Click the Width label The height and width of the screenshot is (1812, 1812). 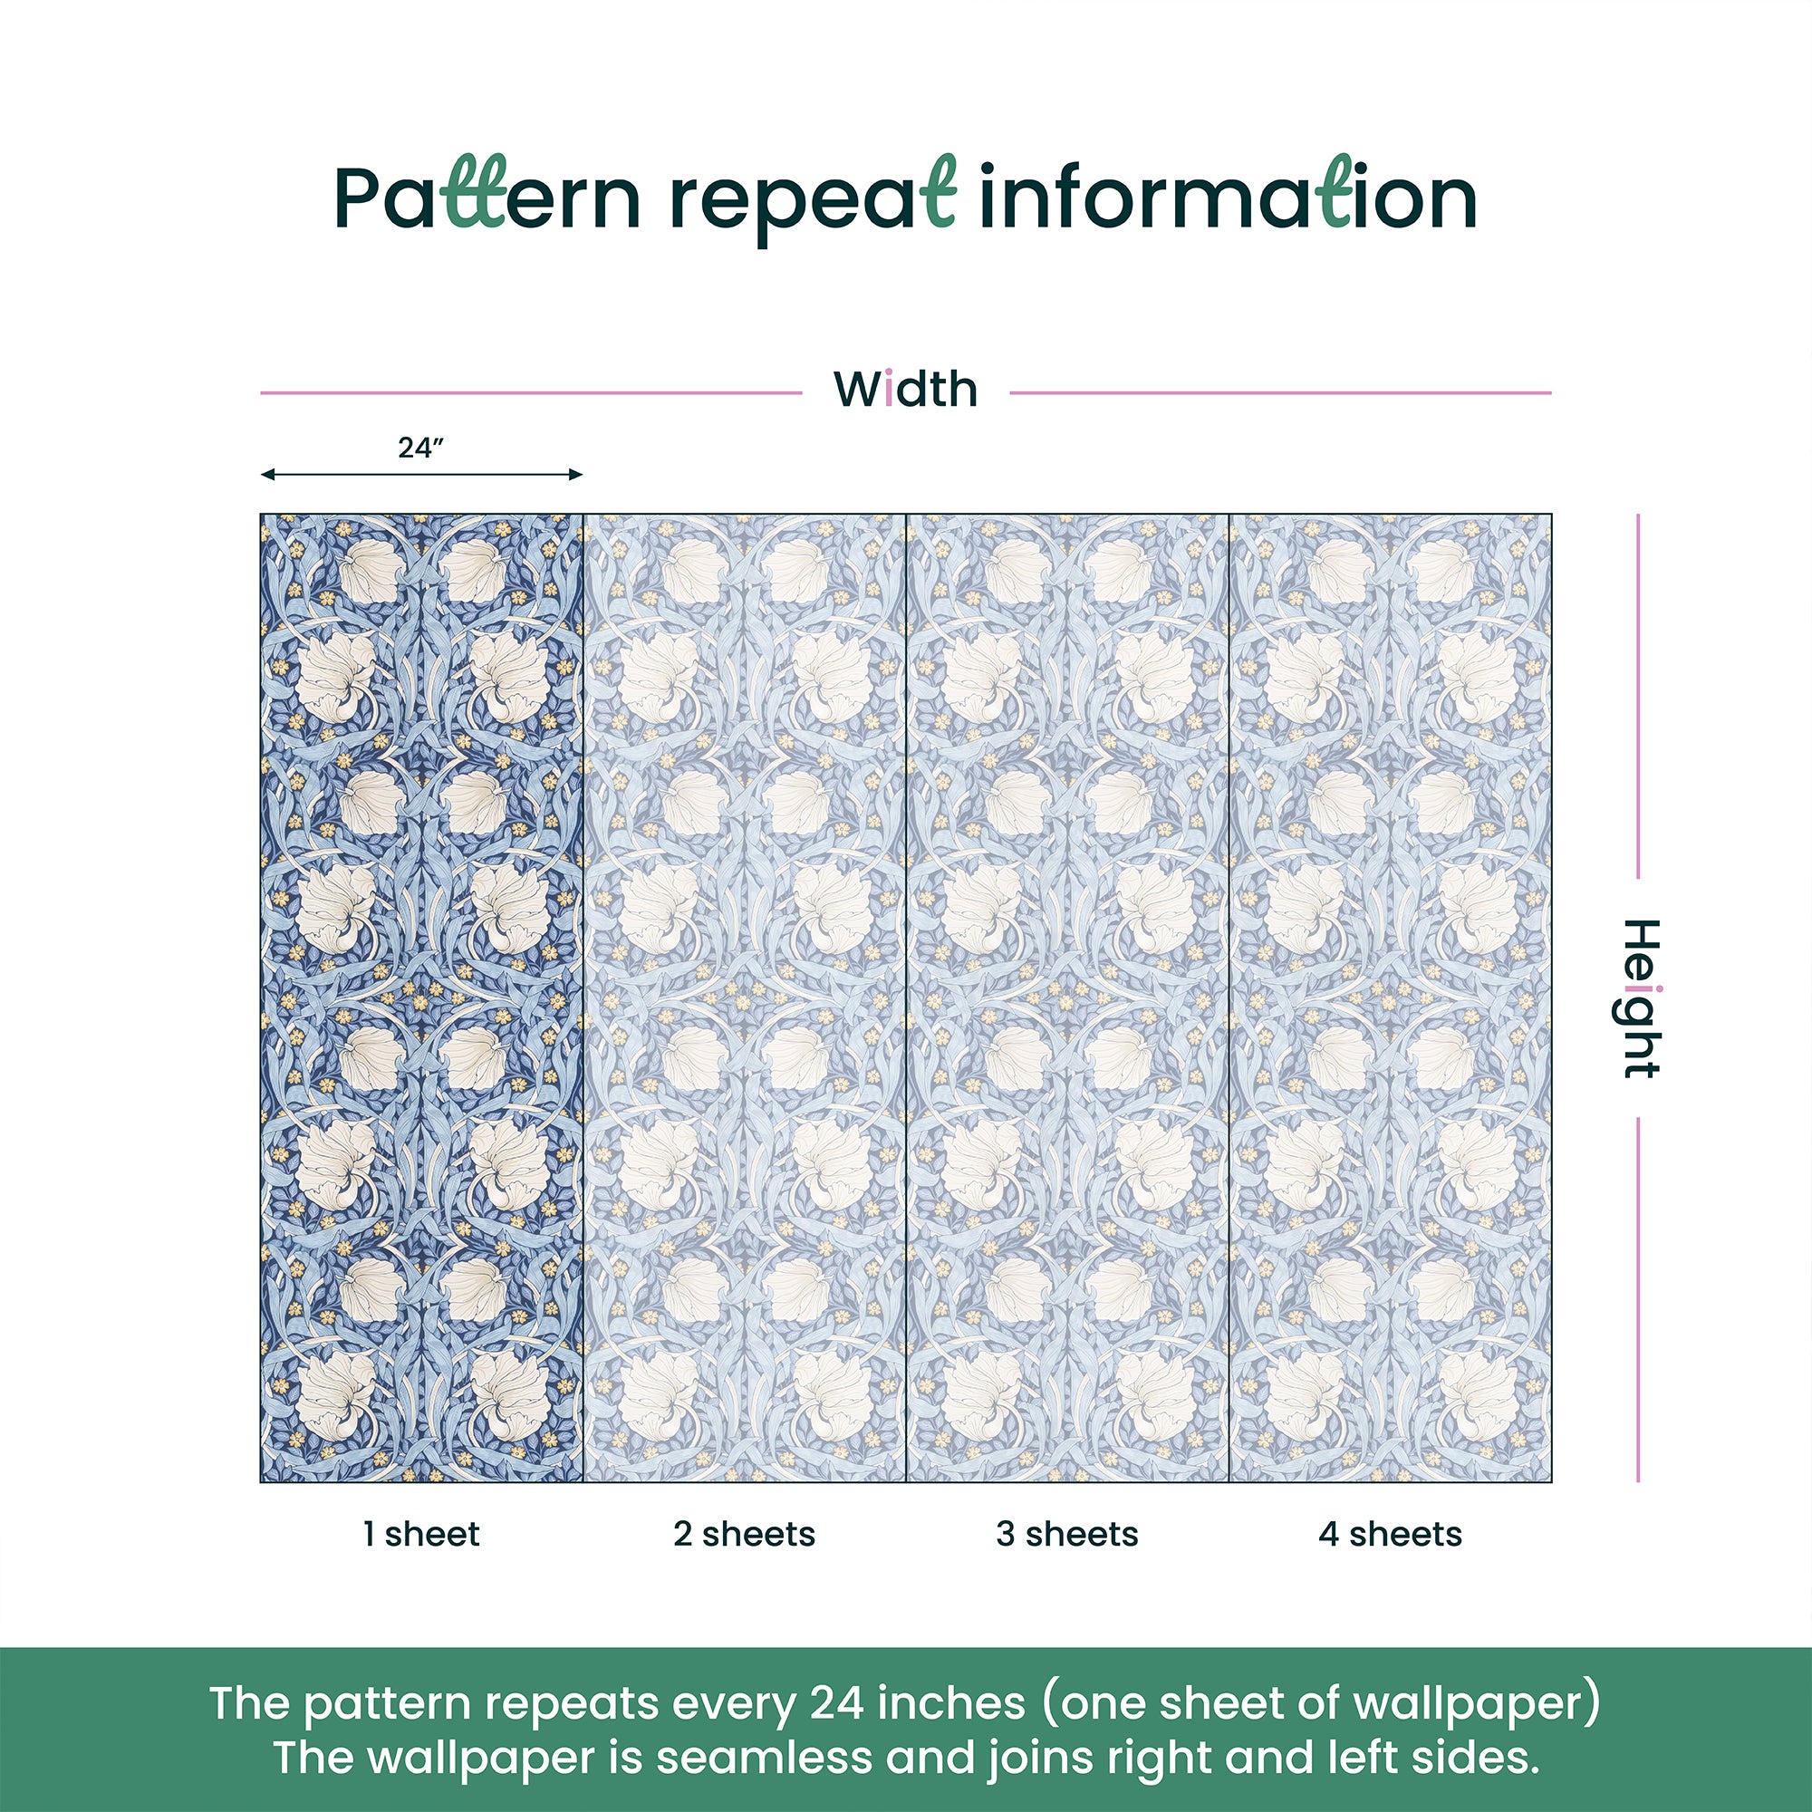[x=905, y=390]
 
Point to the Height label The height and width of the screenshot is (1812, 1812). [x=1642, y=998]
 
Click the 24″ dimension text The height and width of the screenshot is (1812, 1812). [x=419, y=448]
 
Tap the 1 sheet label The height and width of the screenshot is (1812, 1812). [x=421, y=1535]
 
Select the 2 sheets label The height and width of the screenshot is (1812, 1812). [x=744, y=1535]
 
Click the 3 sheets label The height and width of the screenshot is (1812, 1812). [x=1067, y=1535]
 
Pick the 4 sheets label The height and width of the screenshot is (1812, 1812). [x=1390, y=1535]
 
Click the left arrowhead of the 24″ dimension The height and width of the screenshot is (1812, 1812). [x=267, y=475]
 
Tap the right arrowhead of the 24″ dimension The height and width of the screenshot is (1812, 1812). [x=576, y=475]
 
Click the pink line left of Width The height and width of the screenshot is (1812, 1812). [x=531, y=393]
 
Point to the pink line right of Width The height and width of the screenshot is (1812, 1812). [x=1280, y=393]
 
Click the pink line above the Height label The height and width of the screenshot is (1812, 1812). [x=1638, y=696]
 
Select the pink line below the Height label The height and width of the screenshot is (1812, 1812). [x=1638, y=1300]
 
